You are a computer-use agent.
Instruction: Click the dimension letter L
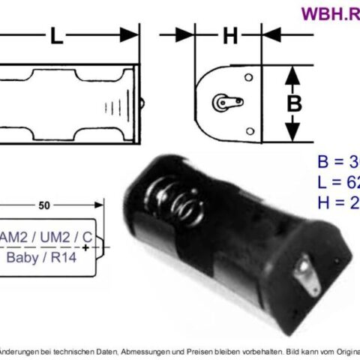point(56,35)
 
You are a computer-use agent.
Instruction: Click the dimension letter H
point(230,35)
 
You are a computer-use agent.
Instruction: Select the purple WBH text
point(328,13)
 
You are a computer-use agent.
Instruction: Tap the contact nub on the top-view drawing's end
point(142,100)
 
